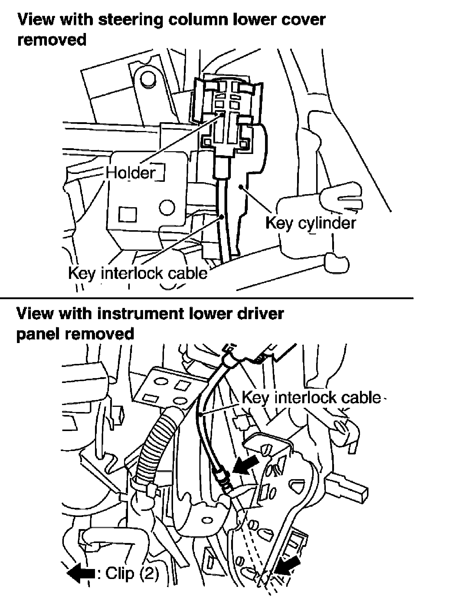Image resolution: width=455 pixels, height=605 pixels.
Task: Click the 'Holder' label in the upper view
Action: [x=131, y=173]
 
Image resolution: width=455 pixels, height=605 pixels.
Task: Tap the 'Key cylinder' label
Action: [x=310, y=223]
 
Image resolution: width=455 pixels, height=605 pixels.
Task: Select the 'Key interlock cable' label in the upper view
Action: [x=138, y=273]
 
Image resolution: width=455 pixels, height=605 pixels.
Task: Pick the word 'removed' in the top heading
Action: [x=52, y=40]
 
